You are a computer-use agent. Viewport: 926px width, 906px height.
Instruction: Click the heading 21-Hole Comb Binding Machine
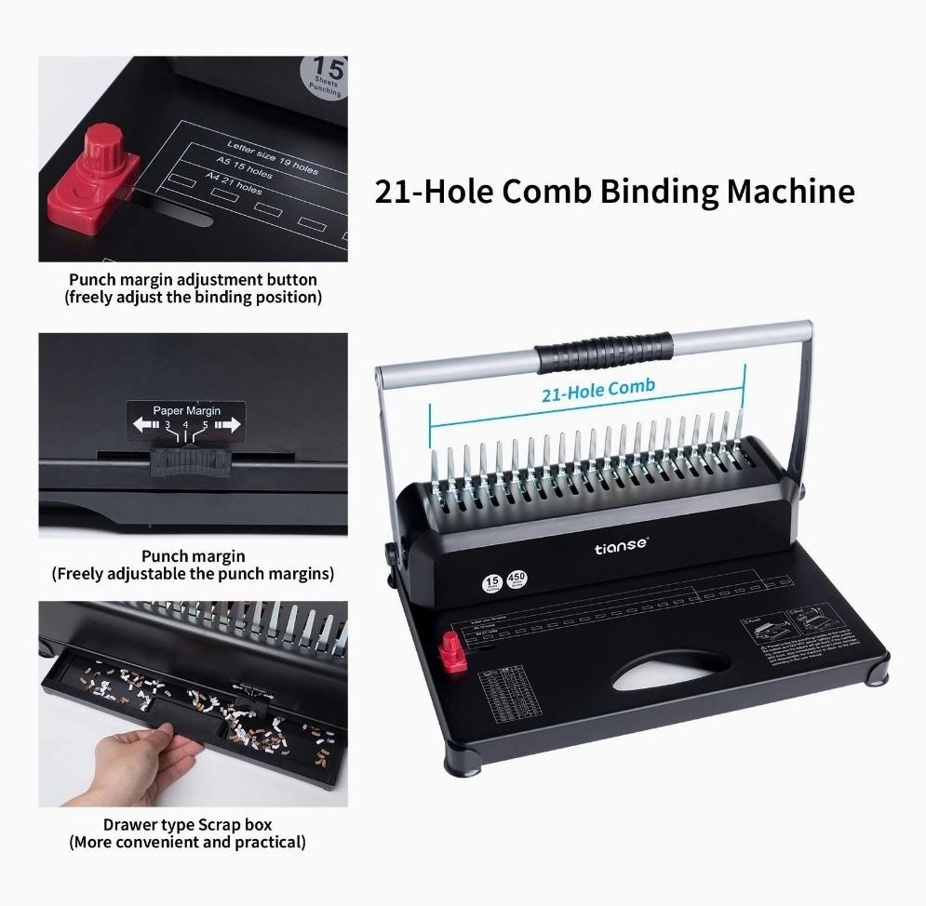tap(614, 191)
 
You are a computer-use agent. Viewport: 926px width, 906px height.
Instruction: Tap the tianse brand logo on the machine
tap(622, 548)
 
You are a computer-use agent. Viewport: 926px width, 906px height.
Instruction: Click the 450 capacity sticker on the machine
tap(517, 580)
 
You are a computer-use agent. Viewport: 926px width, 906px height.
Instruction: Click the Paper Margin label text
tap(186, 410)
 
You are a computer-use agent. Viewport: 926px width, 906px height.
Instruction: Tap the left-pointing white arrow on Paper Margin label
tap(145, 425)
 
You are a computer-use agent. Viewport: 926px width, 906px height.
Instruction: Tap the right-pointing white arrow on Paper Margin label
tap(228, 425)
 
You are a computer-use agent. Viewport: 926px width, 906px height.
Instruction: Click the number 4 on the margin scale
tap(186, 425)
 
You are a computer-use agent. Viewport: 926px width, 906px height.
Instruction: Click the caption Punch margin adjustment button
tap(193, 279)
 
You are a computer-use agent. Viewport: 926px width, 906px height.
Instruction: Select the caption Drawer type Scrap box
tap(187, 824)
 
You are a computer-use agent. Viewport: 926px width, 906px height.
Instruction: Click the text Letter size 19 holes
tap(272, 158)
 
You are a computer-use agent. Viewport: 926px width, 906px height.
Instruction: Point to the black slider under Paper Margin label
tap(186, 458)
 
